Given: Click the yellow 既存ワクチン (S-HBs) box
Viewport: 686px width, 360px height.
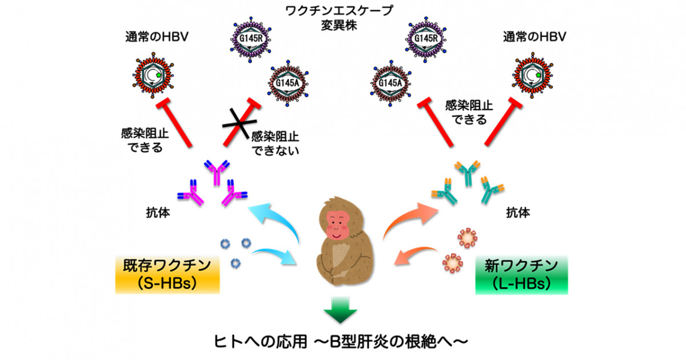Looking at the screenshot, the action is [167, 275].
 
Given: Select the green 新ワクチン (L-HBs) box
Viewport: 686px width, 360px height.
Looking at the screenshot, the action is [521, 275].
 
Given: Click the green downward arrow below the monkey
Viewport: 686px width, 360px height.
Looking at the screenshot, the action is [340, 310].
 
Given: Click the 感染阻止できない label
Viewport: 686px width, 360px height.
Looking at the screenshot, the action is [275, 143].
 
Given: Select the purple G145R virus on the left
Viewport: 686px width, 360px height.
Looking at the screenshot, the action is [251, 39].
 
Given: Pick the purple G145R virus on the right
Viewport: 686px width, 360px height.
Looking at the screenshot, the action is [425, 39].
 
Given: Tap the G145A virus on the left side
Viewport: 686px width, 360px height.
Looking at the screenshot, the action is [288, 83].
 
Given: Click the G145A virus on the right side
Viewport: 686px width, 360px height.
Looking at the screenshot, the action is [390, 83].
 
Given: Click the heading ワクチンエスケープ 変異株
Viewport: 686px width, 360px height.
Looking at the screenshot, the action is [339, 18].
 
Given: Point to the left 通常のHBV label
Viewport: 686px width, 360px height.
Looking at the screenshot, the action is [157, 37].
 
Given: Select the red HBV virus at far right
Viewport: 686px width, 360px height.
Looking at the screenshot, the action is [533, 75].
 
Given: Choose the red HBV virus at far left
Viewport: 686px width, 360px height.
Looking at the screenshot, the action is [153, 75].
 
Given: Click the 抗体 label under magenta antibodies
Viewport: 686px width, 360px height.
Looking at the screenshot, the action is [158, 212].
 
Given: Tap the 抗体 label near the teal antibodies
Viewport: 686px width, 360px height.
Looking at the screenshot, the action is [518, 212].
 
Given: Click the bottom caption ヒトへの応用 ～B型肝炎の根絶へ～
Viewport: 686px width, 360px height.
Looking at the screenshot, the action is [341, 341].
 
